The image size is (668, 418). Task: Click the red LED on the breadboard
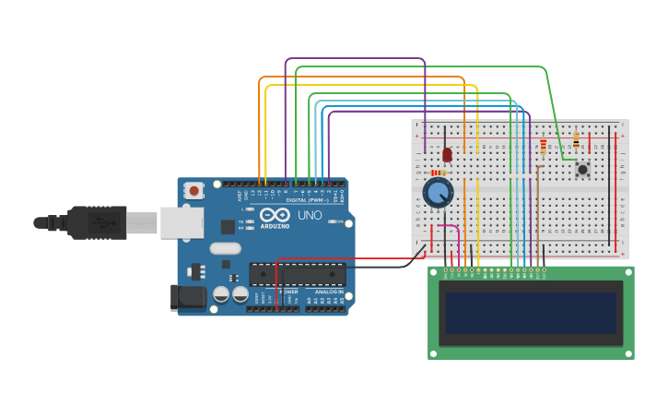pos(447,154)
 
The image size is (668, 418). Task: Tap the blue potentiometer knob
pos(439,193)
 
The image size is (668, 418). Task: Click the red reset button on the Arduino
pos(194,190)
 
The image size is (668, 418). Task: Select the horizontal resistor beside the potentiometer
pos(438,173)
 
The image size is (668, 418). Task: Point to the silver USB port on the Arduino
pos(182,222)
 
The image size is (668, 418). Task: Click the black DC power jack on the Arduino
pos(187,297)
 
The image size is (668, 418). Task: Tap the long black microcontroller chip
pos(298,274)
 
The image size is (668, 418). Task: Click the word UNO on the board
pos(310,215)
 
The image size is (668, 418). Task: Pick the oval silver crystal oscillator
pos(225,247)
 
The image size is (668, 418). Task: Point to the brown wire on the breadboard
pos(537,212)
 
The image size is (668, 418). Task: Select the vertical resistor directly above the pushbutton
pos(576,140)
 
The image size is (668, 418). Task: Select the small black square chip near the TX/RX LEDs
pos(228,226)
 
